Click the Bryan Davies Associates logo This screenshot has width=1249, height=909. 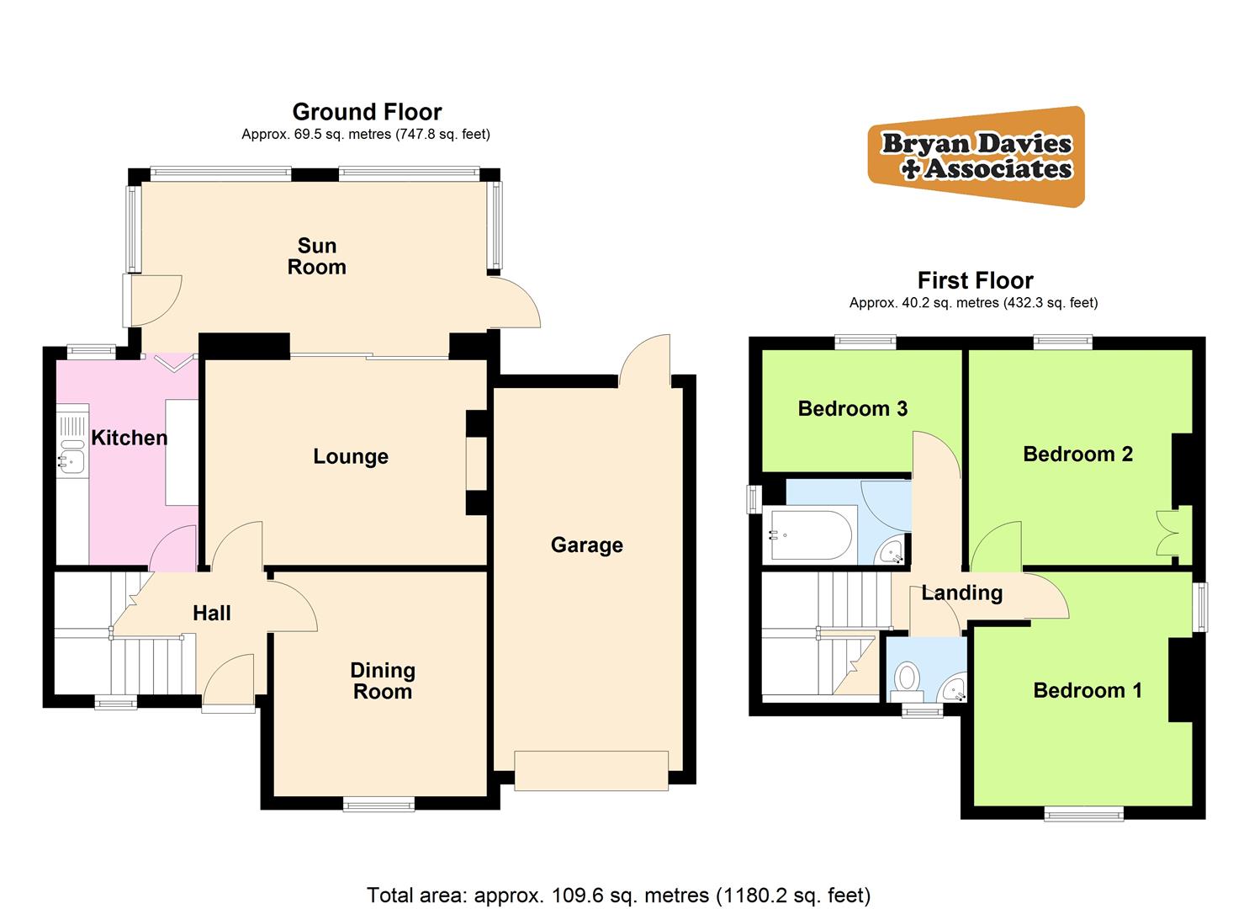pyautogui.click(x=976, y=157)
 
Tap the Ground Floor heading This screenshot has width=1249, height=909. pyautogui.click(x=367, y=112)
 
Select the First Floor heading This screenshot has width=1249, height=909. pyautogui.click(x=975, y=280)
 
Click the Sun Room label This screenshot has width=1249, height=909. pyautogui.click(x=316, y=257)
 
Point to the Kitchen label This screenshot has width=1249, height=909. pyautogui.click(x=129, y=438)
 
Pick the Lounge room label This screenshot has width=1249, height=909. pyautogui.click(x=351, y=456)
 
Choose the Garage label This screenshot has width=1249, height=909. pyautogui.click(x=586, y=545)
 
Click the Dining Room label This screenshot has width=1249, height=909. pyautogui.click(x=383, y=681)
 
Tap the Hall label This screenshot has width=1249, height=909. pyautogui.click(x=212, y=613)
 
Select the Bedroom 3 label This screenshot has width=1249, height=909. pyautogui.click(x=852, y=409)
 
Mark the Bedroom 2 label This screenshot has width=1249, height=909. pyautogui.click(x=1077, y=454)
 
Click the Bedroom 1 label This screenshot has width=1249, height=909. pyautogui.click(x=1087, y=691)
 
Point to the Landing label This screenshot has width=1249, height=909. pyautogui.click(x=961, y=593)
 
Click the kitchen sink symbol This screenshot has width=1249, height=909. pyautogui.click(x=73, y=460)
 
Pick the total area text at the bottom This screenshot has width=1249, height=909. pyautogui.click(x=618, y=895)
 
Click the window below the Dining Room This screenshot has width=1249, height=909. pyautogui.click(x=378, y=805)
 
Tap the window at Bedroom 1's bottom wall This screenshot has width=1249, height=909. pyautogui.click(x=1084, y=813)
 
